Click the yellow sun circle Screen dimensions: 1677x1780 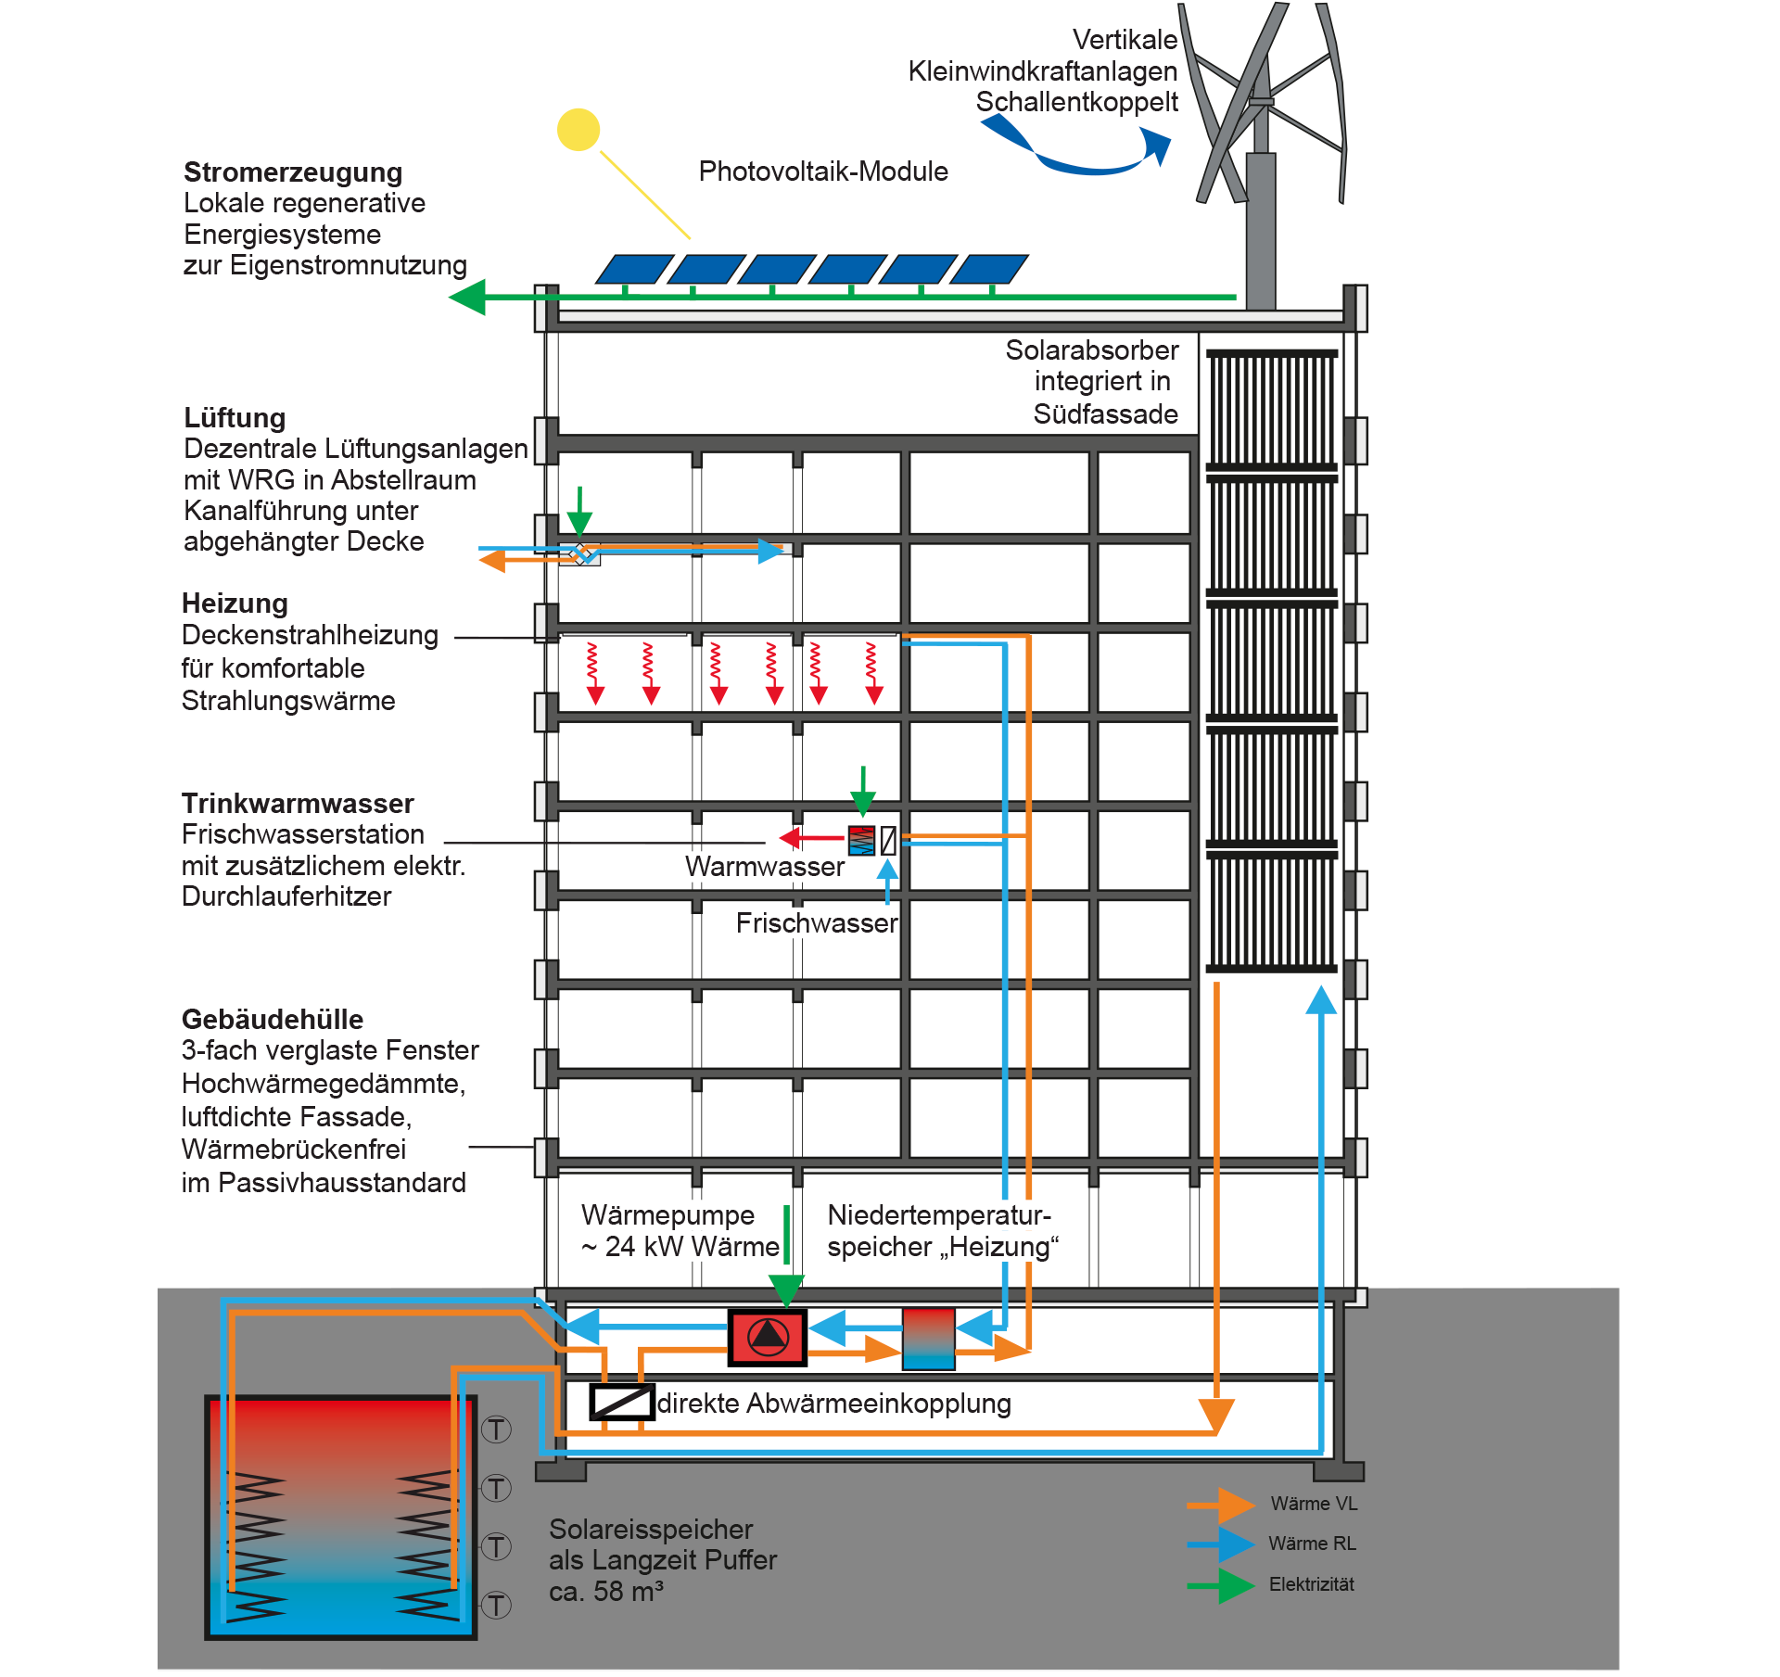pos(578,130)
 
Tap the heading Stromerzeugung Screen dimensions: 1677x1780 pos(293,172)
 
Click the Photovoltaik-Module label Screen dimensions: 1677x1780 pos(822,172)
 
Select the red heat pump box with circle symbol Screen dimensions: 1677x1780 pos(768,1337)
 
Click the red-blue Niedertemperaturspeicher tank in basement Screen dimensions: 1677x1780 pos(928,1338)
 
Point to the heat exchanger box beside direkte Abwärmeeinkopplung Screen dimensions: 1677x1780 pos(622,1402)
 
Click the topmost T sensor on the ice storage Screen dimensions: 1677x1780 pos(497,1429)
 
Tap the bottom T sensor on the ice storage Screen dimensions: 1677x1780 pos(497,1605)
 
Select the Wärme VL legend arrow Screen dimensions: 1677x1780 pos(1223,1505)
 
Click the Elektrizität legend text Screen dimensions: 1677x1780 pos(1311,1584)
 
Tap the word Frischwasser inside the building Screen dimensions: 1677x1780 pos(816,923)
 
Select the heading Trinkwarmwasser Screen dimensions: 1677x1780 pos(298,803)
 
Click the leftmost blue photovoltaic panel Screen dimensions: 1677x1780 pos(634,269)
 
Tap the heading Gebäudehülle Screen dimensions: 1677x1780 pos(273,1019)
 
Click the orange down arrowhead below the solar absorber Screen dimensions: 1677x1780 pos(1216,1416)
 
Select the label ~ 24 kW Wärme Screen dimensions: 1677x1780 pos(680,1247)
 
